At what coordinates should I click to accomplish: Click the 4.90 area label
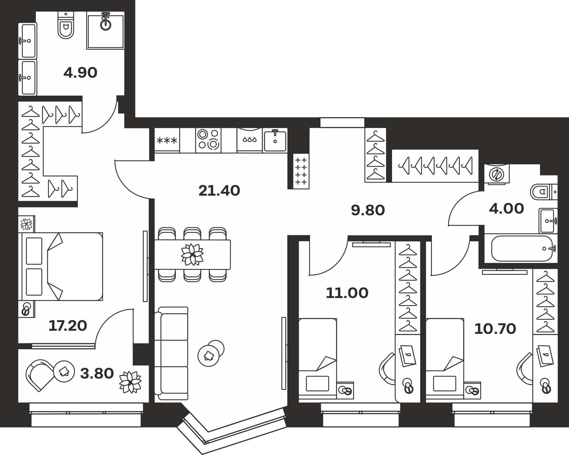tap(81, 73)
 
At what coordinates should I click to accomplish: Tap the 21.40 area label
tap(219, 191)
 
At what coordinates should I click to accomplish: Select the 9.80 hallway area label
tap(368, 210)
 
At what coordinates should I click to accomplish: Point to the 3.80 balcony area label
tap(97, 374)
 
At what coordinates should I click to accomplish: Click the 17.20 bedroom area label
tap(68, 326)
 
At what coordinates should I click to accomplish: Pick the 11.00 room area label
tap(347, 293)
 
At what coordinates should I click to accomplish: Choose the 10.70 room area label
tap(495, 329)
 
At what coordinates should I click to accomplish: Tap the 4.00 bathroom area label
tap(506, 209)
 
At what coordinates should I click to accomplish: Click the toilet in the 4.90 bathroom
tap(66, 25)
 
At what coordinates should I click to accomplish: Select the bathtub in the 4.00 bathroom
tap(522, 249)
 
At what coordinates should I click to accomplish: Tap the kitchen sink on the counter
tap(275, 140)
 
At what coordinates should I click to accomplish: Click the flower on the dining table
tap(193, 255)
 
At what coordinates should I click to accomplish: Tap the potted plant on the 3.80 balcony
tap(130, 382)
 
